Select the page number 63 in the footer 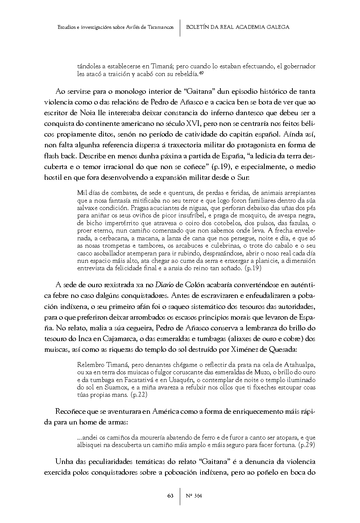[x=170, y=496]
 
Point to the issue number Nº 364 [x=194, y=496]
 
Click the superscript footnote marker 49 [x=201, y=73]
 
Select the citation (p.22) [x=139, y=395]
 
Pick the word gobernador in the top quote [x=298, y=66]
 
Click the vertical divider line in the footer [x=180, y=496]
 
